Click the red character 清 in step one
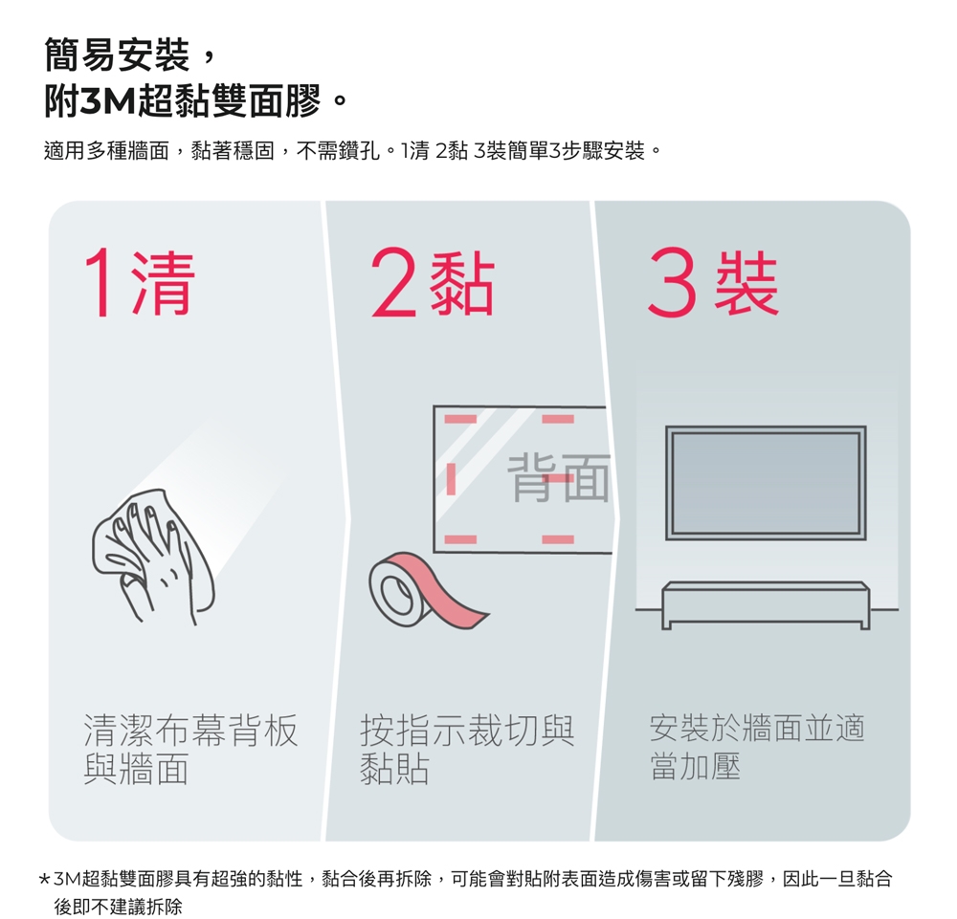click(163, 283)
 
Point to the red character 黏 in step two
click(461, 283)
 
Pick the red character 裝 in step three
click(746, 283)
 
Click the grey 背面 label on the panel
click(559, 479)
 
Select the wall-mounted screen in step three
click(766, 483)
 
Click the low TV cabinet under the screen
click(766, 605)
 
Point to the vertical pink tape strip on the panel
click(451, 479)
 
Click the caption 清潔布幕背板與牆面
click(190, 749)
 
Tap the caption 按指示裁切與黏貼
click(467, 749)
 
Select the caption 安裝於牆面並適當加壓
click(757, 747)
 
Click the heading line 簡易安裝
click(116, 55)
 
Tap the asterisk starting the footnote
click(44, 880)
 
